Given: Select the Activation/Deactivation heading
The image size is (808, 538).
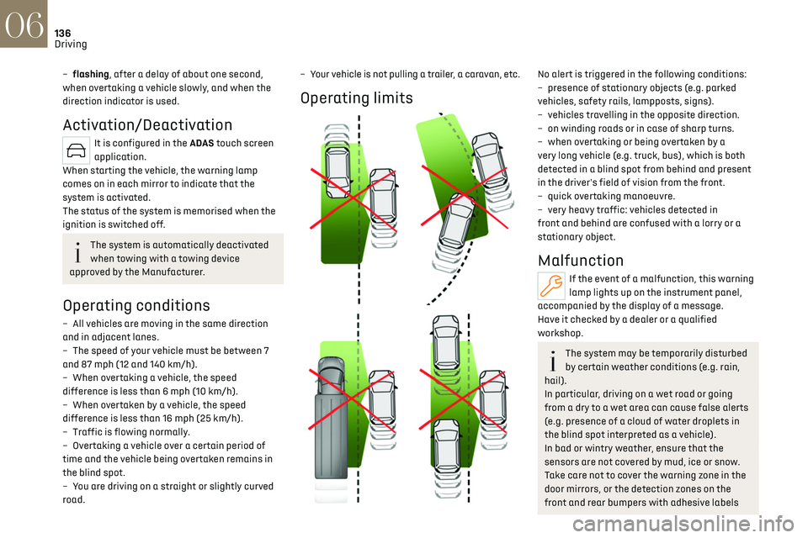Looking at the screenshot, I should click(x=147, y=125).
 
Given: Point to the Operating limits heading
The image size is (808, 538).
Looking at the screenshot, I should click(x=356, y=98).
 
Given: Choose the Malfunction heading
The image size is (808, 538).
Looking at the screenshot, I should click(x=581, y=261).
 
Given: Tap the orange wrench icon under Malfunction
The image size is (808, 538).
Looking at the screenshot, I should click(x=551, y=287).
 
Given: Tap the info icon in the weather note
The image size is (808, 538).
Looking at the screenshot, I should click(x=552, y=360).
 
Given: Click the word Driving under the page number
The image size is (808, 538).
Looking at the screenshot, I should click(x=71, y=44).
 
